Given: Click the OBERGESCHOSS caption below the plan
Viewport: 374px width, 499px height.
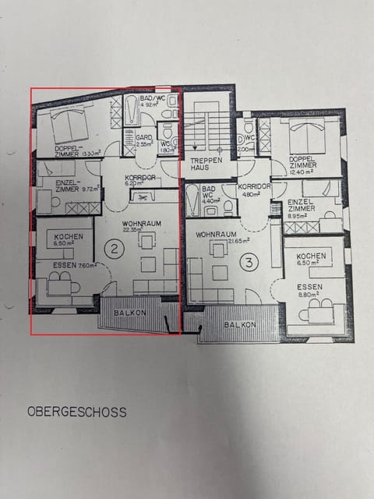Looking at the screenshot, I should [x=76, y=411].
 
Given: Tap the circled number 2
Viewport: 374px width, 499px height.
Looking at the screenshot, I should [x=115, y=249].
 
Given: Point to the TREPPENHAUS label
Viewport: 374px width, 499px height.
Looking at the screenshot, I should [x=206, y=165].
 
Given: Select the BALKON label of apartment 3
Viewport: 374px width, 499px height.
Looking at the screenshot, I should [x=239, y=324].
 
